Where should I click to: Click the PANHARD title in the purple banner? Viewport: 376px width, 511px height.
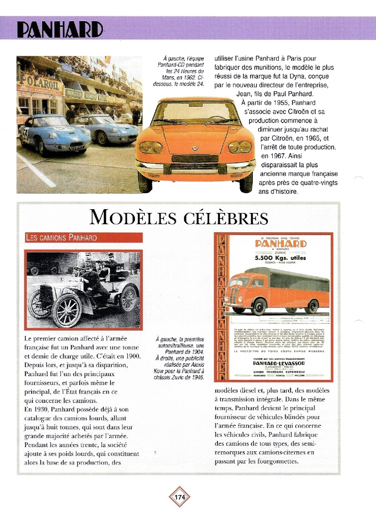click(x=60, y=30)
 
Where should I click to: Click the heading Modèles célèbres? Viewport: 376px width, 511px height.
click(x=180, y=218)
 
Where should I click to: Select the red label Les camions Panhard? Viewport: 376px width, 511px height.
click(x=61, y=237)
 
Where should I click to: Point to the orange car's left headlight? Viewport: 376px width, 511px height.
click(x=151, y=147)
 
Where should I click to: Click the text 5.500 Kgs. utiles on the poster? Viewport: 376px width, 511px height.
click(x=280, y=258)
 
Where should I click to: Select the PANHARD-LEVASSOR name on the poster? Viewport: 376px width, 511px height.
click(x=279, y=363)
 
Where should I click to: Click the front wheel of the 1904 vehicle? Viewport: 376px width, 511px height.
click(x=67, y=310)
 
